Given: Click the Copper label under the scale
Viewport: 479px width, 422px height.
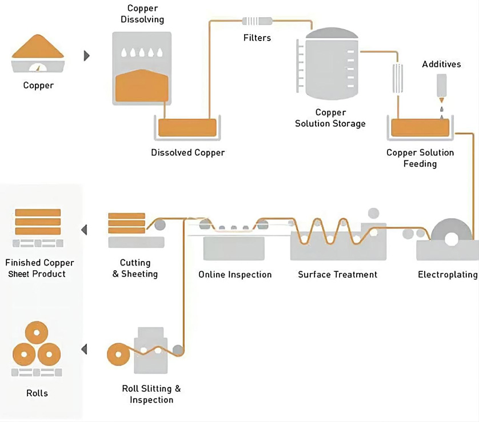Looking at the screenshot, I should pos(38,86).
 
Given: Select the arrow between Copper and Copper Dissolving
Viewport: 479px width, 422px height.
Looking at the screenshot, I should pos(87,55).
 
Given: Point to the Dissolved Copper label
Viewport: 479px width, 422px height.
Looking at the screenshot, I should pos(187,152).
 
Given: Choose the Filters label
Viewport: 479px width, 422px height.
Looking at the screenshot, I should pos(257,38).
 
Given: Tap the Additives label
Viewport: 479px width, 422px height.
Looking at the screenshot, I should pos(441,64).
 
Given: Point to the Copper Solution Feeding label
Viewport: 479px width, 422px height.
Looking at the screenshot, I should pos(420,158).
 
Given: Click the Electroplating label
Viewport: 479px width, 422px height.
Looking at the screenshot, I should pos(448,275).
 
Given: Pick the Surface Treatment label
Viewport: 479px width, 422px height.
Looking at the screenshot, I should pos(337,275).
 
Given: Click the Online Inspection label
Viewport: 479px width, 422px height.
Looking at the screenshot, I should pos(235,275).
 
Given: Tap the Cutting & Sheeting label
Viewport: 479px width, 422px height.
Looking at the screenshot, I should pos(135,268).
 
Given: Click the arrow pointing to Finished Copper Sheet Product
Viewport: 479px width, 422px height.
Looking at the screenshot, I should pos(84,230).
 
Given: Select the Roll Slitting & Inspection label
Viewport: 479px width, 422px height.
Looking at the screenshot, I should pos(151,394).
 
